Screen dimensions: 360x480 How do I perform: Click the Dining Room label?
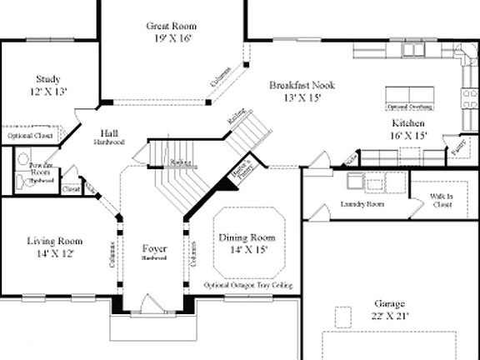point(247,242)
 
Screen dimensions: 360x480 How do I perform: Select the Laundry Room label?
point(362,203)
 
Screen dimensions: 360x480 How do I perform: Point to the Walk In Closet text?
point(441,201)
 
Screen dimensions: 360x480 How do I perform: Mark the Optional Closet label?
point(31,135)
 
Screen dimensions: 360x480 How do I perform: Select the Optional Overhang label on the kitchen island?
point(407,107)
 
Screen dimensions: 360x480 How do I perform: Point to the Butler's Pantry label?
point(240,170)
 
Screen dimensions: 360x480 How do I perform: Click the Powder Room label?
point(42,170)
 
